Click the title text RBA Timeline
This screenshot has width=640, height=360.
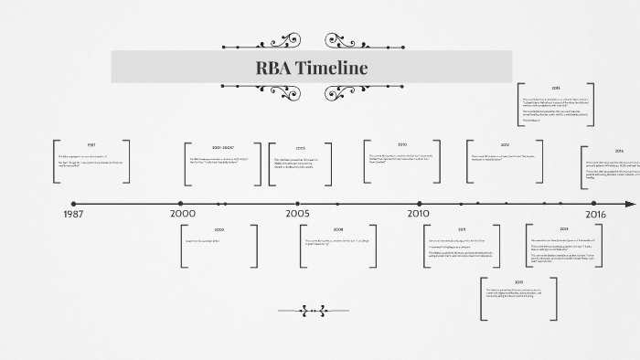(x=312, y=68)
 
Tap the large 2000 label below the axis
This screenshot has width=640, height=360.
(x=183, y=214)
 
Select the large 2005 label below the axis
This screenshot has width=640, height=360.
(x=297, y=214)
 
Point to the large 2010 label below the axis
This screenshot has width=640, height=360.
(x=418, y=214)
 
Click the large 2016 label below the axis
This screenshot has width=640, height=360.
(x=596, y=214)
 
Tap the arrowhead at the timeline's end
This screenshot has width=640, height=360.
(x=631, y=203)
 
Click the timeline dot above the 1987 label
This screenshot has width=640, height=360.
(x=74, y=203)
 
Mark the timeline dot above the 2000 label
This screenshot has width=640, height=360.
(x=180, y=203)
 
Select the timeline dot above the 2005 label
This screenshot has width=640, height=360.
(x=297, y=203)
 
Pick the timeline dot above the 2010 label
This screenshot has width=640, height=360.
(x=420, y=203)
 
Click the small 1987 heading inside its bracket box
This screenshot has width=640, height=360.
(x=91, y=145)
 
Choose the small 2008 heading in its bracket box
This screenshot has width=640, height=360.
(x=338, y=229)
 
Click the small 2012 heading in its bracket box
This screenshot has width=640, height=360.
(x=505, y=145)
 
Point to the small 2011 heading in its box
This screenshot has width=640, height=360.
(x=462, y=229)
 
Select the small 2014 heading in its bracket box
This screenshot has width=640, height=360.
(x=564, y=228)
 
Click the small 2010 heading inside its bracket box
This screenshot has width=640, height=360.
(x=401, y=144)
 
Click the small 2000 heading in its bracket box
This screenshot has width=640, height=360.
(x=219, y=229)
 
